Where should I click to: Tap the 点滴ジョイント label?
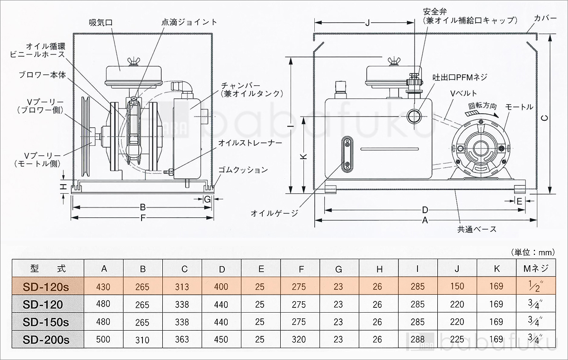click(x=189, y=22)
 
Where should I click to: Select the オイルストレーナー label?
click(x=244, y=142)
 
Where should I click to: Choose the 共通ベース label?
click(x=477, y=229)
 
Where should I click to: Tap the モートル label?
click(x=519, y=107)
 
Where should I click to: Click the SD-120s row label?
click(x=46, y=286)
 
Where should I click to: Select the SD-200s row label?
click(x=46, y=339)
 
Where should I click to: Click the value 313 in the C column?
click(x=181, y=287)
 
